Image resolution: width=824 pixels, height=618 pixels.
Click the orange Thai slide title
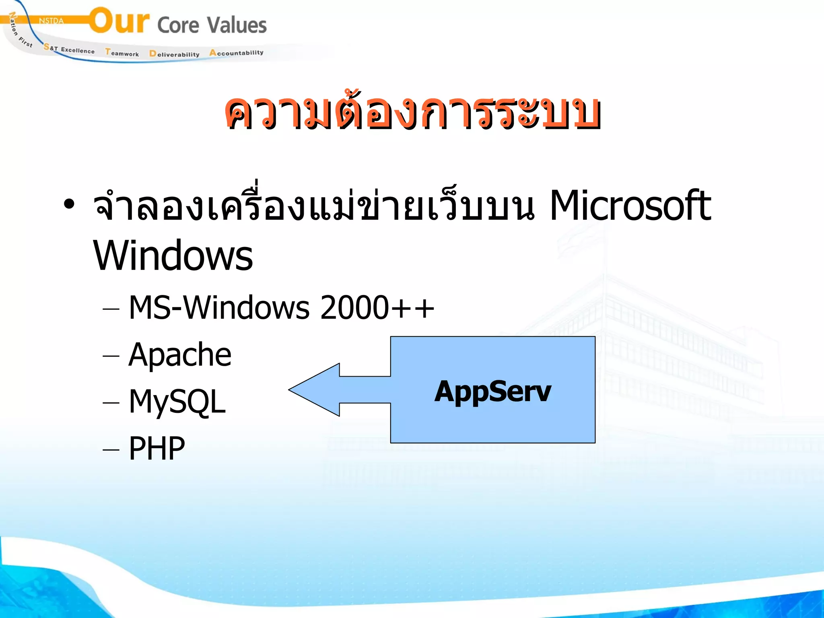point(412,113)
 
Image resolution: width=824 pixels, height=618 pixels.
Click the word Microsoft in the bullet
point(630,206)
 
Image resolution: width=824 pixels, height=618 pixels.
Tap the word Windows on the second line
point(173,256)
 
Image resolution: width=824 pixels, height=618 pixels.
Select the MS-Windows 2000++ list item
point(281,308)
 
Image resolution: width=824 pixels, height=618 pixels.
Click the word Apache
point(180,355)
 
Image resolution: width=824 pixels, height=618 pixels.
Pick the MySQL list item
point(177,402)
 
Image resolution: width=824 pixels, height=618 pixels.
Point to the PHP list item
point(157,449)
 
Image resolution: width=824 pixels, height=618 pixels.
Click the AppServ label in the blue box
point(492,391)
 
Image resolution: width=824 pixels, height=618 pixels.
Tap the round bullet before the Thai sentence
point(69,204)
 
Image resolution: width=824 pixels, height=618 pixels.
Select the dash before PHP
point(111,450)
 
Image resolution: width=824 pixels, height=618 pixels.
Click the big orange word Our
point(119,21)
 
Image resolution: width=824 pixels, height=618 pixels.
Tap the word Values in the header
point(237,25)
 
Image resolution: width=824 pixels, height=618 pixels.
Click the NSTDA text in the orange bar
point(51,21)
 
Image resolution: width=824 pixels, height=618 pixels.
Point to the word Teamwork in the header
point(122,53)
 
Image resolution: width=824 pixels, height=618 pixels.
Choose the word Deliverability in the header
point(174,54)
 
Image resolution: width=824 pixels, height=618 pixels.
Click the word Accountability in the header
point(236,53)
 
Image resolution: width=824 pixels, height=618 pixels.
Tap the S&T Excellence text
point(69,49)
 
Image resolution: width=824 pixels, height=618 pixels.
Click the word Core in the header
point(178,25)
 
